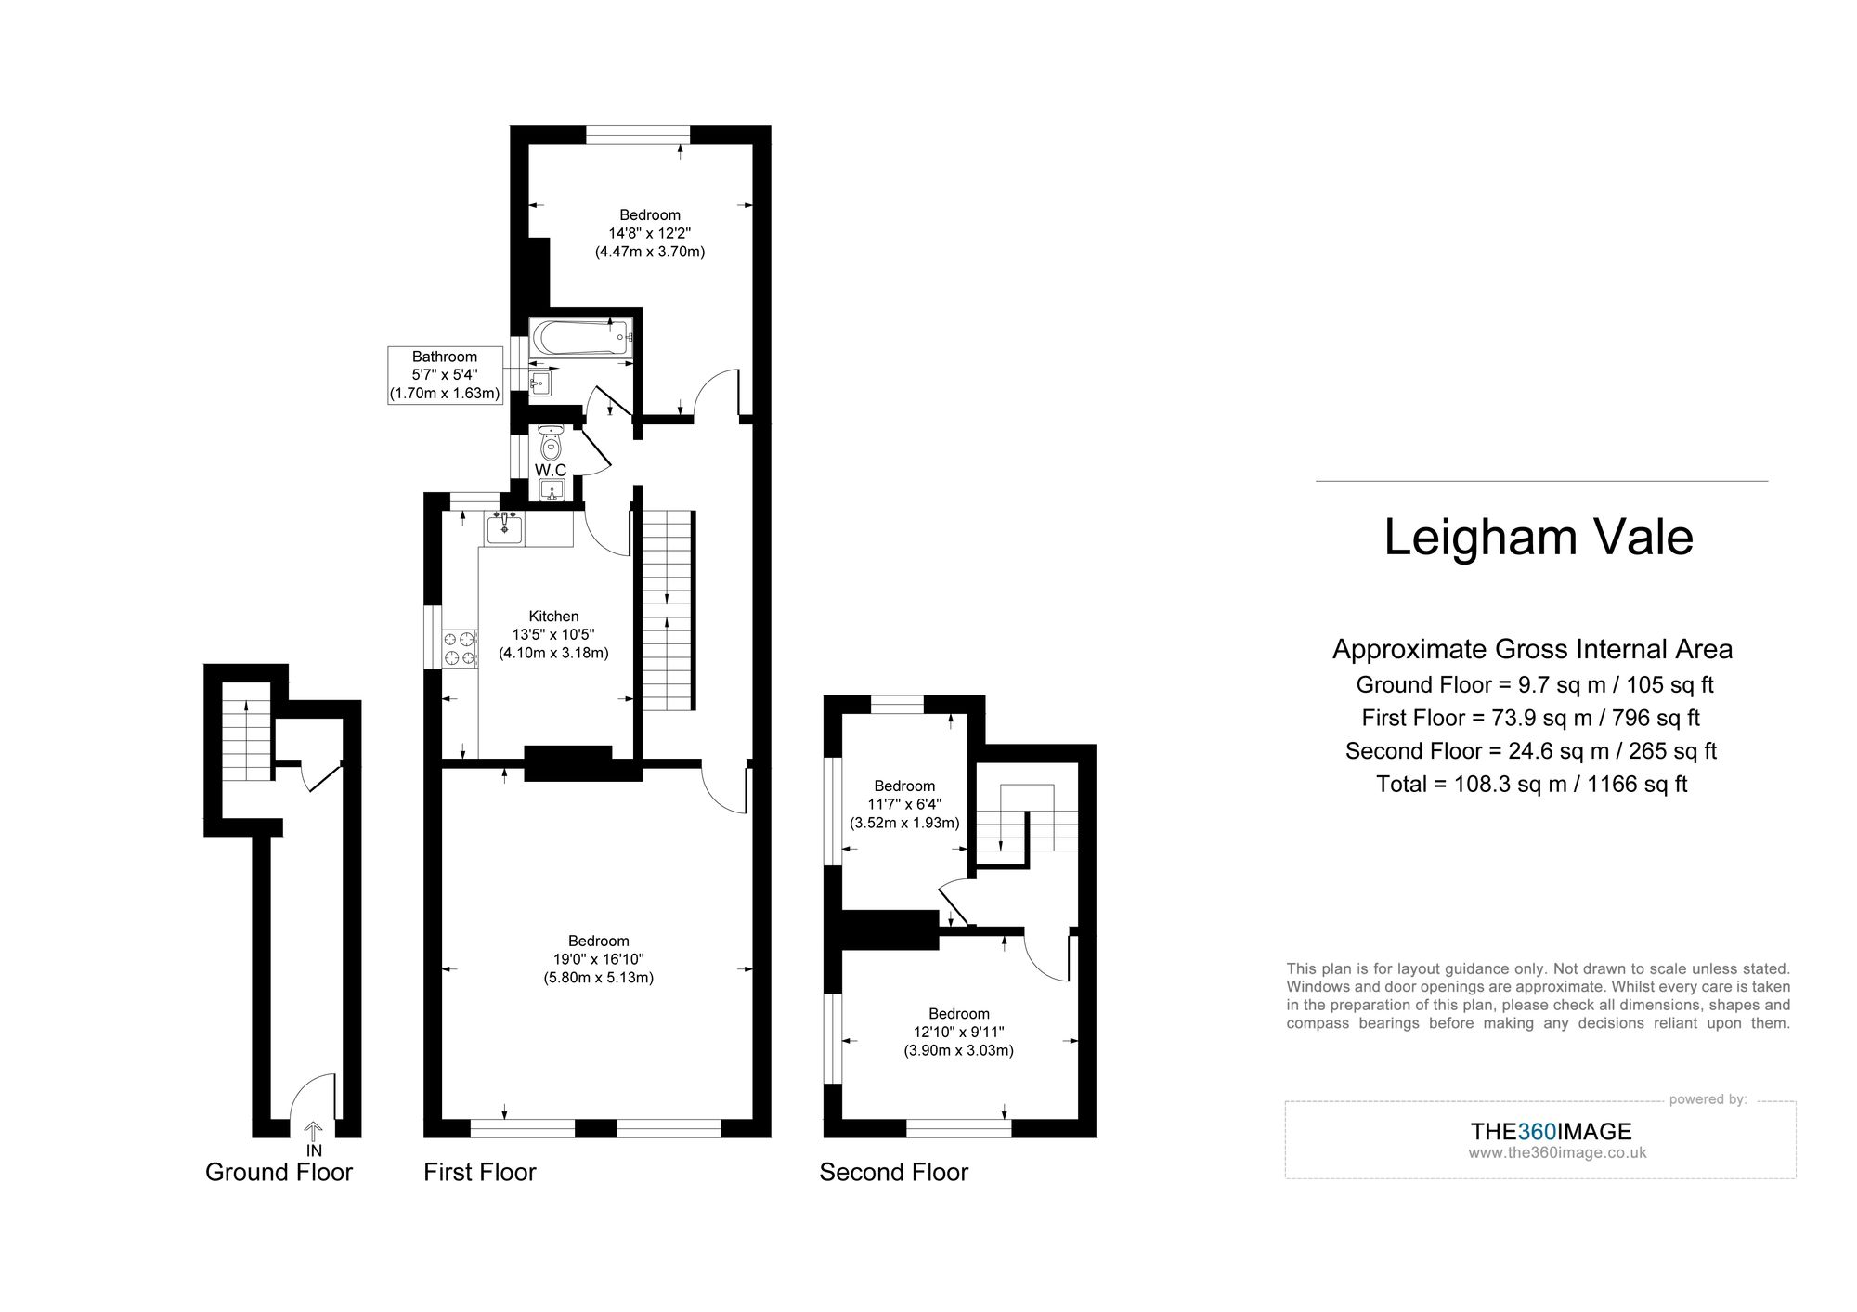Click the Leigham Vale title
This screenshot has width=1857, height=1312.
point(1539,538)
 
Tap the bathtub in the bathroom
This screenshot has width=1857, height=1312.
point(580,337)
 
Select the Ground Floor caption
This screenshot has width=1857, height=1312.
point(279,1173)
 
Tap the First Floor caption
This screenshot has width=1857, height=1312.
point(479,1173)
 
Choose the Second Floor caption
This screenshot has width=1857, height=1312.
point(893,1173)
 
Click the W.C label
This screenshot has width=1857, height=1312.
point(551,471)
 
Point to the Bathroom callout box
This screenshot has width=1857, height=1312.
point(445,375)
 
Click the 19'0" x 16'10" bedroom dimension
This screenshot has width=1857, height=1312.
point(599,959)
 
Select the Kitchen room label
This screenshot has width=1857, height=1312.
point(553,617)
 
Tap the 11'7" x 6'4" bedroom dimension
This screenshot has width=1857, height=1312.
point(904,805)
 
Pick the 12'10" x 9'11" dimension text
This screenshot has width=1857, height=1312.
point(959,1033)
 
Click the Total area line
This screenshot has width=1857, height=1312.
point(1531,785)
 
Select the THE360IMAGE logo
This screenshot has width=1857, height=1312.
point(1551,1132)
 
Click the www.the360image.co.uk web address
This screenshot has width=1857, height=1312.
point(1557,1153)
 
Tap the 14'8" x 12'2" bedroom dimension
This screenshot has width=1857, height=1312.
point(650,233)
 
